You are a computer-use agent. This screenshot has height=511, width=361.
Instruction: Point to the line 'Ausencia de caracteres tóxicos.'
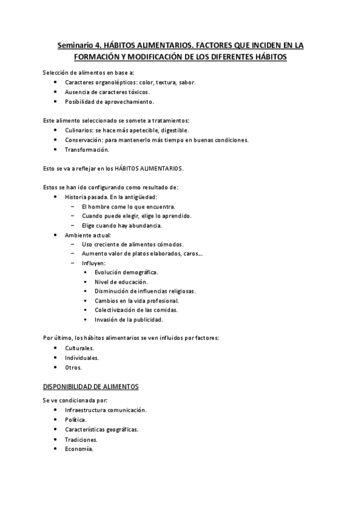[107, 92]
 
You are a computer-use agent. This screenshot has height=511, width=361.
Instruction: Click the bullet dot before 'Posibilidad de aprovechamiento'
[55, 101]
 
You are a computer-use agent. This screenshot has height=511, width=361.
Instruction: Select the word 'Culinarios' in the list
[78, 130]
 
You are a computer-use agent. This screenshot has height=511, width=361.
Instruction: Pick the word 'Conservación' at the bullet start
[83, 139]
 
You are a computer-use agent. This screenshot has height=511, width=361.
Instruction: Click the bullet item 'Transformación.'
[87, 149]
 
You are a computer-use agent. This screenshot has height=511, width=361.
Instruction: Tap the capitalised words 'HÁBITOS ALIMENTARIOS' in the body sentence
[152, 168]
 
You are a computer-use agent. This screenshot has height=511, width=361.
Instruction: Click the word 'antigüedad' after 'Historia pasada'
[142, 196]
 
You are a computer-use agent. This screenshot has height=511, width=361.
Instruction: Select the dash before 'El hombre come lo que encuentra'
[72, 206]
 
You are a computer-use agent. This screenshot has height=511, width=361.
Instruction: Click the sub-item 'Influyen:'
[93, 263]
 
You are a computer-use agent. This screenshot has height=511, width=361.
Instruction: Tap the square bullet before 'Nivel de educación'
[86, 281]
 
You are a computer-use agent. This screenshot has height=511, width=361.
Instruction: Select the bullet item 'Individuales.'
[81, 357]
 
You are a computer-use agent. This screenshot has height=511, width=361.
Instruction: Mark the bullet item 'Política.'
[76, 419]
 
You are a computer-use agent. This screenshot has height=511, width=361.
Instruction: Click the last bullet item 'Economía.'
[79, 448]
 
